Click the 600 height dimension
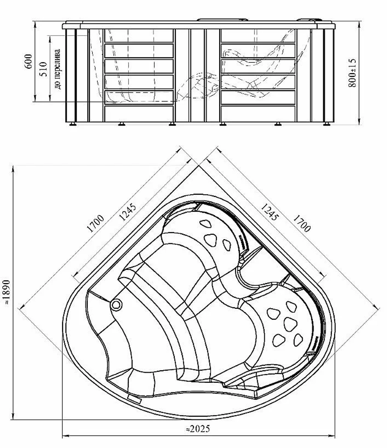(x=29, y=61)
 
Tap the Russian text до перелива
(x=58, y=69)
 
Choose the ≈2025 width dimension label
(x=198, y=429)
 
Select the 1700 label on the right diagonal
(x=301, y=224)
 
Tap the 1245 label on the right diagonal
(x=269, y=212)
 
